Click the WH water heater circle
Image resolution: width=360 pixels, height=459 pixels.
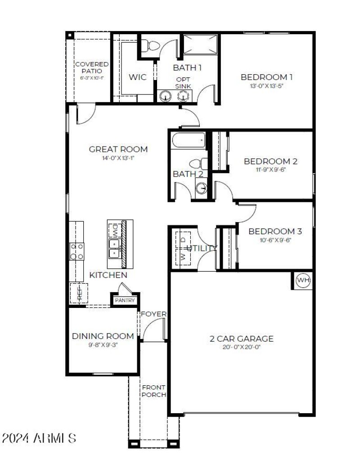(x=303, y=281)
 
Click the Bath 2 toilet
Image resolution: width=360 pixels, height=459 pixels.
(x=198, y=164)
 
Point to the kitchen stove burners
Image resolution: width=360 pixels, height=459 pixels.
(x=76, y=251)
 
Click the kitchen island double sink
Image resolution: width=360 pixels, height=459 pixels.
(x=115, y=248)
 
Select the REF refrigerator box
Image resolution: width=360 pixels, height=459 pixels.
(x=79, y=293)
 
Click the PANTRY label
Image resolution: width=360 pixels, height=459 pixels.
(x=125, y=300)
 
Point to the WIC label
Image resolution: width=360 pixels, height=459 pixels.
(x=137, y=77)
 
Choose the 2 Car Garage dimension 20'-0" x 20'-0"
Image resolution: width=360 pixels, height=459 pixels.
(x=242, y=348)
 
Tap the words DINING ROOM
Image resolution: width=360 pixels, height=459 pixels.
(x=103, y=336)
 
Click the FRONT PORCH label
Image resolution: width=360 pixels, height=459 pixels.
(x=153, y=391)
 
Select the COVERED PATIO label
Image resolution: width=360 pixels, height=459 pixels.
(x=91, y=68)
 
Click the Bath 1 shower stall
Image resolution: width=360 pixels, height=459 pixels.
(x=201, y=45)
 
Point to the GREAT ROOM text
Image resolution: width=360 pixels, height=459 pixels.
(x=118, y=149)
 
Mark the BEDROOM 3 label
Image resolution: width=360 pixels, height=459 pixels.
(x=275, y=232)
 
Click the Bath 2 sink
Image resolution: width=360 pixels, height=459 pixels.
(x=202, y=188)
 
